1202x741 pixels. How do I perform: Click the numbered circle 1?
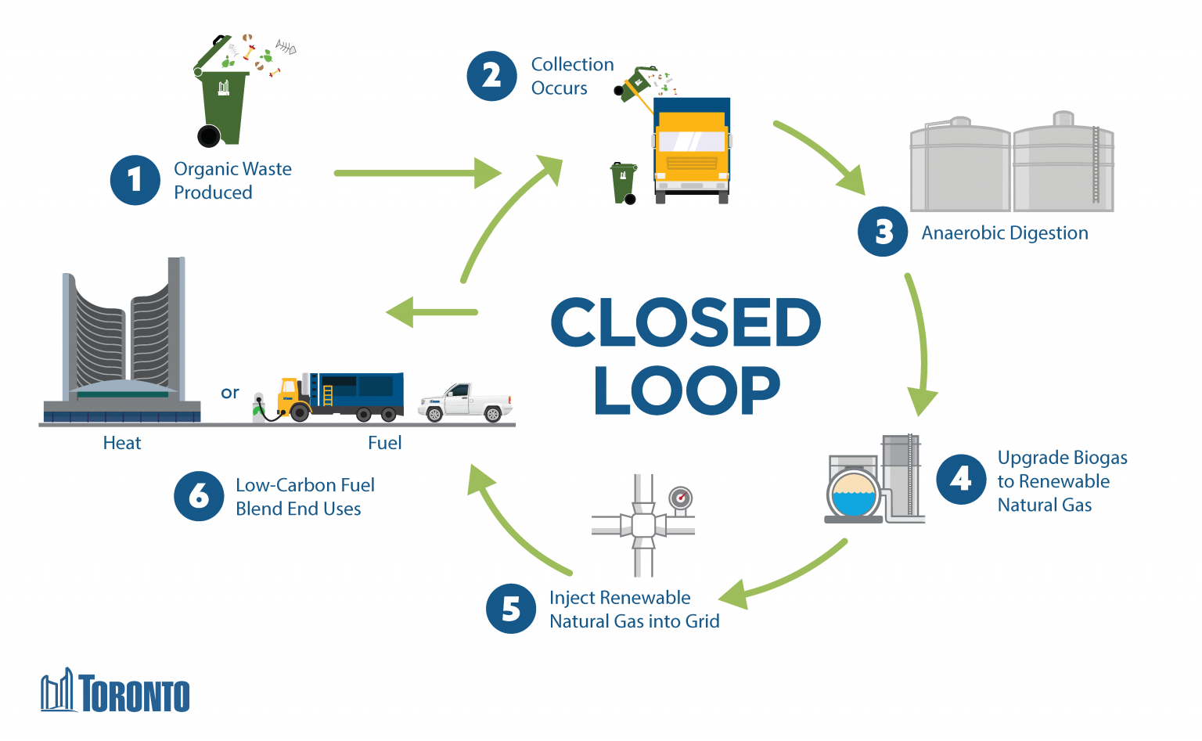click(x=135, y=181)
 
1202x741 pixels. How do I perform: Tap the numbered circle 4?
click(x=961, y=480)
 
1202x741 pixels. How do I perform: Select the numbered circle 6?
click(x=199, y=496)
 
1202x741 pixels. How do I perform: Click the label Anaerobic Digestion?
click(x=1004, y=233)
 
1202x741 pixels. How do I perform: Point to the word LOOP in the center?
click(x=686, y=390)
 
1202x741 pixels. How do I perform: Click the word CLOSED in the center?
click(x=686, y=322)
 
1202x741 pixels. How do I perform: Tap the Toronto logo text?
click(x=134, y=695)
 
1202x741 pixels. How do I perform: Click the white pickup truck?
click(x=465, y=402)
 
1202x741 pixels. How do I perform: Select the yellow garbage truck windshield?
click(x=692, y=142)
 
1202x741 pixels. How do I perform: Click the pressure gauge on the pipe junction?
click(x=681, y=498)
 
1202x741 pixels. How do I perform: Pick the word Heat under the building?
click(x=122, y=443)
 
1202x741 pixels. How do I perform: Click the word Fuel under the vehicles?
click(x=384, y=443)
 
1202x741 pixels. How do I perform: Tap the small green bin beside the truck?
click(x=624, y=182)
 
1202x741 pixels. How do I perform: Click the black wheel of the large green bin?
click(x=209, y=137)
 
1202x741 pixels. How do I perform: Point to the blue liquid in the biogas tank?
click(x=854, y=503)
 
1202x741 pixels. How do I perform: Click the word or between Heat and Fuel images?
click(x=229, y=393)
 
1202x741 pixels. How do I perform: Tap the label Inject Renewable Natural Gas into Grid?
click(x=634, y=610)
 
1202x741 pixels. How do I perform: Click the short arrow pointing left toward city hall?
click(x=432, y=312)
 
